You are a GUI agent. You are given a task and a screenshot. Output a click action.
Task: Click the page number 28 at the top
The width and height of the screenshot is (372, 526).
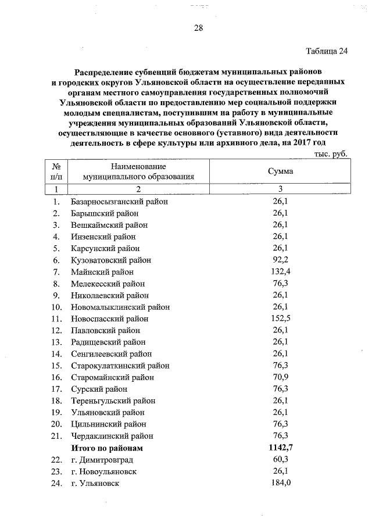(x=197, y=28)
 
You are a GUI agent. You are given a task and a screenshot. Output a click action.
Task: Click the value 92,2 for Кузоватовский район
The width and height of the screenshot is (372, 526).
(x=280, y=260)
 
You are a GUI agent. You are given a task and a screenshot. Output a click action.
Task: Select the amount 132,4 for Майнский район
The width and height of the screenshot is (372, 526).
(x=280, y=271)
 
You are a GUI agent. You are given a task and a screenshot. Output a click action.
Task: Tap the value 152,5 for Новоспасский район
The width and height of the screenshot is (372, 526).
(x=280, y=319)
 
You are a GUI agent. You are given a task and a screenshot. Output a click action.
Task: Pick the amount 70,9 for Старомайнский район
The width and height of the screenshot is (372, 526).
(x=280, y=377)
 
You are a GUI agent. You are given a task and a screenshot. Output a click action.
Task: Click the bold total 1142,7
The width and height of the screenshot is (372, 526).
(x=280, y=448)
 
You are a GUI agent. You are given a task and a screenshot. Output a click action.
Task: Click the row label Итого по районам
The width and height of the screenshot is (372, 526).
(x=107, y=448)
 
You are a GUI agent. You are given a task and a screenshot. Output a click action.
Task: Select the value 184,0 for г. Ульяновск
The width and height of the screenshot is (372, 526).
(x=280, y=483)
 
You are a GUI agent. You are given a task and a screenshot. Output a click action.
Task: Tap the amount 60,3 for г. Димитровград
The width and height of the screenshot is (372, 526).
(x=280, y=459)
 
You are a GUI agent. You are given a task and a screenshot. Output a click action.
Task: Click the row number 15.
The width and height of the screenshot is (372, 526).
(x=56, y=366)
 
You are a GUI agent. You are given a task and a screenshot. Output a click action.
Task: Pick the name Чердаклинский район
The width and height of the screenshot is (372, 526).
(x=112, y=436)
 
